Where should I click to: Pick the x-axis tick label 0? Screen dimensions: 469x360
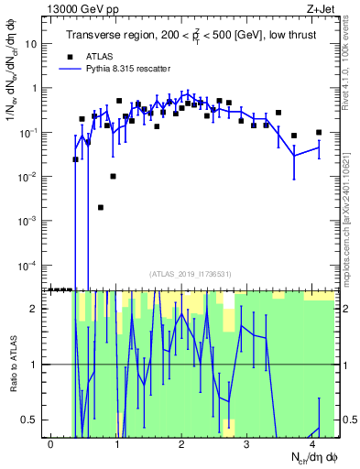coord(51,443)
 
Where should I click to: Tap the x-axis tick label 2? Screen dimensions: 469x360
coord(182,443)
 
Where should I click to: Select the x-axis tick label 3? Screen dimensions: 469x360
coord(247,443)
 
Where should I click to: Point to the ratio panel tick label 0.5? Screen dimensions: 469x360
coord(32,420)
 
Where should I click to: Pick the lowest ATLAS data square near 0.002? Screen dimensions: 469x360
coord(101,208)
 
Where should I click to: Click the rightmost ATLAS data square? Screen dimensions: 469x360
coord(319,132)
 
